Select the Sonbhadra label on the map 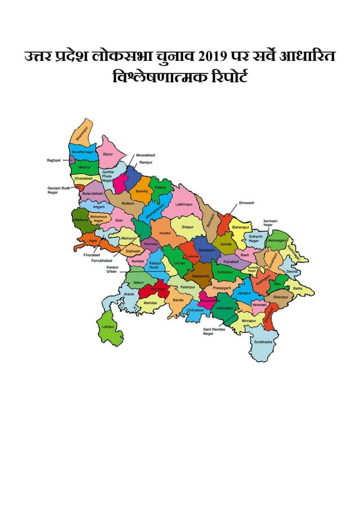pos(263,342)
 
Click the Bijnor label pos(108,153)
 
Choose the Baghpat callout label pos(54,160)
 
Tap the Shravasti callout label pos(247,202)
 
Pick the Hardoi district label pos(165,232)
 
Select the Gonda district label pos(226,244)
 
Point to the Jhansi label pos(129,294)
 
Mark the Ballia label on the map pos(297,288)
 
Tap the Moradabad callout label pos(145,155)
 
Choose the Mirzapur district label pos(249,321)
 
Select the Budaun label pos(128,203)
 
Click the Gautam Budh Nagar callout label pos(58,190)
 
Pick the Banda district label pos(178,300)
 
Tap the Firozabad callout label pos(92,255)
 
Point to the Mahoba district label pos(150,303)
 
